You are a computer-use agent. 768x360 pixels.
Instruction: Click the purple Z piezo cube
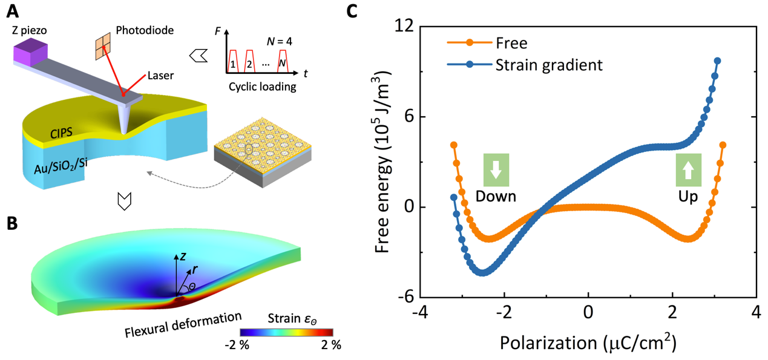click(30, 50)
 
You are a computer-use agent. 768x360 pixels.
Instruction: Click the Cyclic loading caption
click(262, 87)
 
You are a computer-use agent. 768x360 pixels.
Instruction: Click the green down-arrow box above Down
click(496, 170)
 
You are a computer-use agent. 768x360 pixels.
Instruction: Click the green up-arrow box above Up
click(688, 170)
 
